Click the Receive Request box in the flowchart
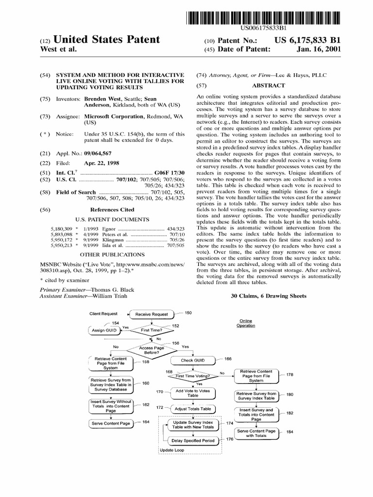click(152, 314)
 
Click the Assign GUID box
click(104, 330)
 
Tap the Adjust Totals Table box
click(193, 409)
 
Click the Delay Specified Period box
click(193, 441)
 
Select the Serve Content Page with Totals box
click(256, 433)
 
